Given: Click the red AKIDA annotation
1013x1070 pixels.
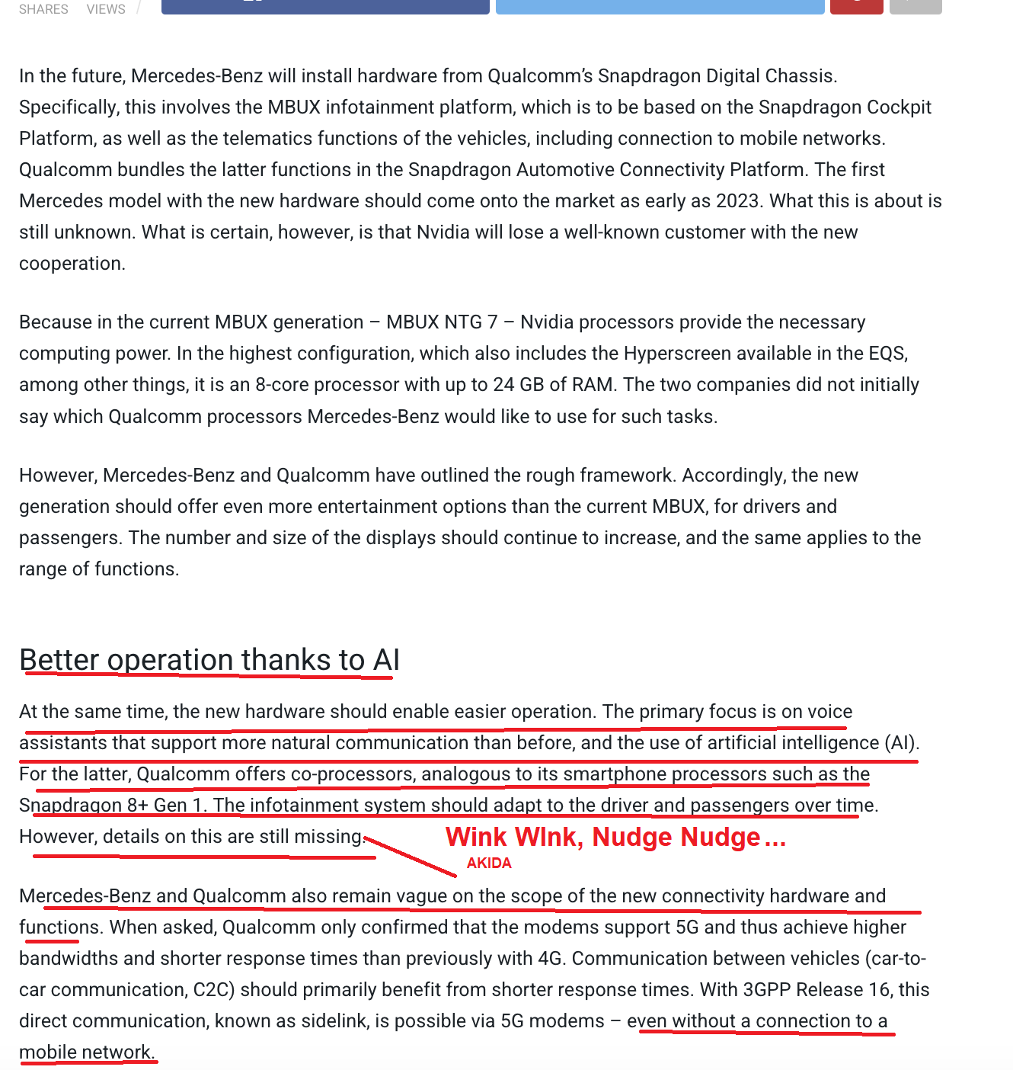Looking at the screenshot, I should (x=489, y=863).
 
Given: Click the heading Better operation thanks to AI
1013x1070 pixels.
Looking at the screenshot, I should (x=209, y=660).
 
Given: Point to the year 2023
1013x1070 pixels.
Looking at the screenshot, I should (x=737, y=200).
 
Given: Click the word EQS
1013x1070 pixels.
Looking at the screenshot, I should (x=887, y=354).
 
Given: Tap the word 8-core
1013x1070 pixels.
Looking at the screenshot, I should (x=282, y=385).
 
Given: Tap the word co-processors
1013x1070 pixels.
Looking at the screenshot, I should (x=352, y=774).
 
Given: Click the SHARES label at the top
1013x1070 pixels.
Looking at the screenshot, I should (x=43, y=9).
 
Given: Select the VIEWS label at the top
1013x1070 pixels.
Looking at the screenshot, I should (x=106, y=9).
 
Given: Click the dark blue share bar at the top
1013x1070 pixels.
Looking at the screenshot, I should (x=325, y=6).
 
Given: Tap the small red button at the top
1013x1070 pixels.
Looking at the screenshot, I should (x=856, y=6).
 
